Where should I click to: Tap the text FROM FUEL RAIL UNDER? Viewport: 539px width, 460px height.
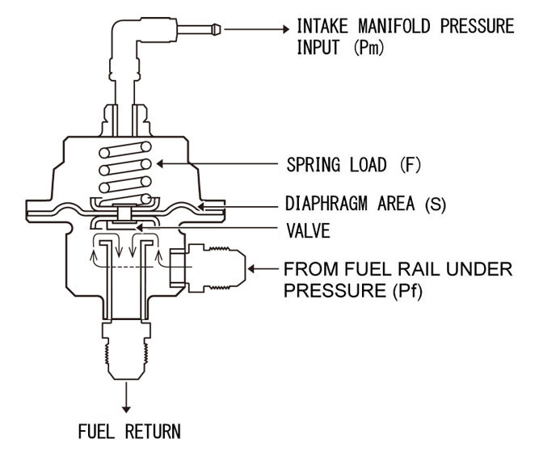click(397, 268)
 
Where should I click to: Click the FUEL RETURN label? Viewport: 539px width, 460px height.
click(128, 430)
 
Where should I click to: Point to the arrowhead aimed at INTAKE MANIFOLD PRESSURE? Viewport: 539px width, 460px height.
click(284, 29)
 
